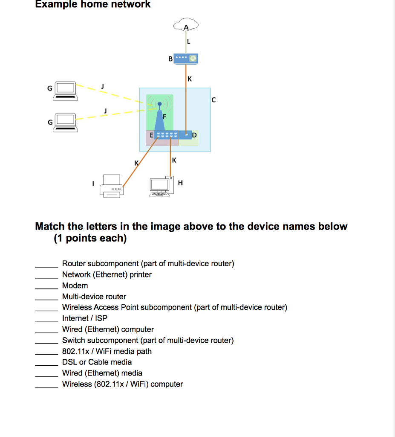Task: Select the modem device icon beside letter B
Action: pyautogui.click(x=187, y=58)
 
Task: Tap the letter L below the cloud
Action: pyautogui.click(x=189, y=41)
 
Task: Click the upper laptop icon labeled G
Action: pyautogui.click(x=66, y=90)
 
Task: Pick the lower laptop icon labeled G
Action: pyautogui.click(x=66, y=122)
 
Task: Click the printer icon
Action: pyautogui.click(x=112, y=186)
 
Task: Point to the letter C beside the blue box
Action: pyautogui.click(x=213, y=100)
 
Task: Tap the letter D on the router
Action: pyautogui.click(x=195, y=135)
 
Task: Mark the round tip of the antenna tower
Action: pyautogui.click(x=159, y=104)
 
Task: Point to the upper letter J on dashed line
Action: pyautogui.click(x=102, y=87)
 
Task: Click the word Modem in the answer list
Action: pyautogui.click(x=75, y=286)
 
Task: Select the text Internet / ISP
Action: pyautogui.click(x=85, y=318)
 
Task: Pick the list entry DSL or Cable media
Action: pyautogui.click(x=97, y=362)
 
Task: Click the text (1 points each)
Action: pyautogui.click(x=90, y=238)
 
